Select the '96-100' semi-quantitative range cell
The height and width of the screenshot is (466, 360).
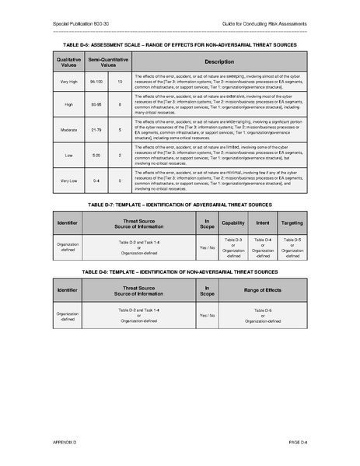pos(97,82)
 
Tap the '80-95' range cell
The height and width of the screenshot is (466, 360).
pos(97,104)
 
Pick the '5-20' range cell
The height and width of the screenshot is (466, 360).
pos(97,156)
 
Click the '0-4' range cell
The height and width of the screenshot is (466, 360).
pos(97,180)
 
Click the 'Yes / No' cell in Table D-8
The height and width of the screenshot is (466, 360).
pos(207,315)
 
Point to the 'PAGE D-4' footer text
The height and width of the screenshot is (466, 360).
pos(299,440)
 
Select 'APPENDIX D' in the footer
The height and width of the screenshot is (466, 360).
pos(66,440)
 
